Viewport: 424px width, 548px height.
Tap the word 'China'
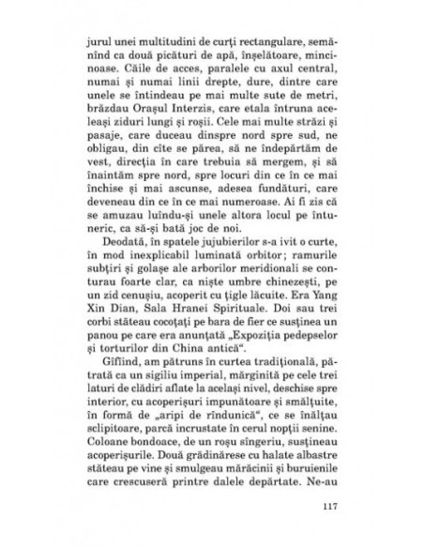189,381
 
